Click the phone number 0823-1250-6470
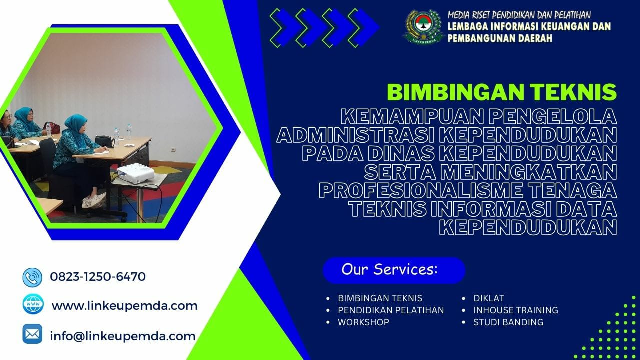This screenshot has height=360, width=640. pyautogui.click(x=98, y=276)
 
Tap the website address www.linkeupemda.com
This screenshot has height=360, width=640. pyautogui.click(x=124, y=305)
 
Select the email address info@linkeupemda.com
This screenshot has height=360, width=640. pyautogui.click(x=123, y=336)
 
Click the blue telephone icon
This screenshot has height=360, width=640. pyautogui.click(x=32, y=277)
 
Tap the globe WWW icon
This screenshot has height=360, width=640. pyautogui.click(x=33, y=304)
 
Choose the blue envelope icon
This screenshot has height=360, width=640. pyautogui.click(x=32, y=334)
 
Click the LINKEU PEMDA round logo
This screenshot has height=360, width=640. pyautogui.click(x=423, y=27)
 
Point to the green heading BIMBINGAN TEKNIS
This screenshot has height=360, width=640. pyautogui.click(x=501, y=92)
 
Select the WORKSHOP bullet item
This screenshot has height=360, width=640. pyautogui.click(x=363, y=322)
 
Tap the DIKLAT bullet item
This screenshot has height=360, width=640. pyautogui.click(x=489, y=298)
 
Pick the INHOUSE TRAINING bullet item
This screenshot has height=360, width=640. pyautogui.click(x=516, y=310)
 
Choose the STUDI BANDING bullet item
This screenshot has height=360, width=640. pyautogui.click(x=508, y=322)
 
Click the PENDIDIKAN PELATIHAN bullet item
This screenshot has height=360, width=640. pyautogui.click(x=391, y=310)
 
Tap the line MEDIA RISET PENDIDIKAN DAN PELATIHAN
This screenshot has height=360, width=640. pyautogui.click(x=519, y=15)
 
